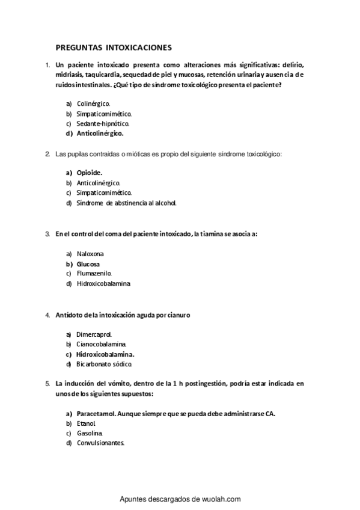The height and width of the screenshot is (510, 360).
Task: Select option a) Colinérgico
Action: tap(93, 103)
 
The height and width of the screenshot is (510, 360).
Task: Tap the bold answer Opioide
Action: tap(90, 173)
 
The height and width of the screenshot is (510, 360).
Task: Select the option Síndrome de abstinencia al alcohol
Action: tap(126, 203)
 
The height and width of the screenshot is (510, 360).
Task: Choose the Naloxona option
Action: tap(91, 254)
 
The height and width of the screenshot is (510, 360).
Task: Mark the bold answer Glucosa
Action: tap(88, 263)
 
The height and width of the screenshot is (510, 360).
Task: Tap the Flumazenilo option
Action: tap(94, 273)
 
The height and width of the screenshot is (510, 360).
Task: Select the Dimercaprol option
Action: tap(94, 334)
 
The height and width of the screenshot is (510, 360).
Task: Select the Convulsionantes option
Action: tap(100, 443)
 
